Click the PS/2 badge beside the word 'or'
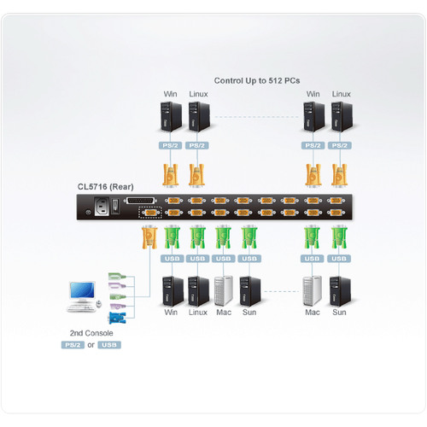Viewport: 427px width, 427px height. point(73,345)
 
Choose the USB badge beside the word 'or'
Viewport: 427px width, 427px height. point(109,345)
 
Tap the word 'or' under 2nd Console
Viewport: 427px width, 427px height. point(91,345)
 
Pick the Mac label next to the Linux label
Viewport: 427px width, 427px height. point(223,313)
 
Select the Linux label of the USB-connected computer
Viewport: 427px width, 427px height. point(197,313)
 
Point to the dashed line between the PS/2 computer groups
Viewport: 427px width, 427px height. point(256,115)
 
